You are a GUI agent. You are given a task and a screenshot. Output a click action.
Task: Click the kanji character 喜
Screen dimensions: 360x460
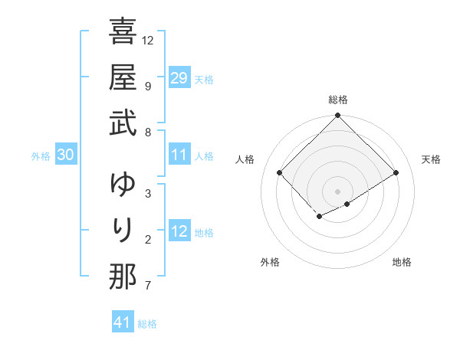tap(123, 33)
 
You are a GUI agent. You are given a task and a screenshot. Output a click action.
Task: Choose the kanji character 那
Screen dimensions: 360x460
tap(123, 277)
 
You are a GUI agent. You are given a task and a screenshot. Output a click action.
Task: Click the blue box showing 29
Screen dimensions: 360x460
tap(179, 78)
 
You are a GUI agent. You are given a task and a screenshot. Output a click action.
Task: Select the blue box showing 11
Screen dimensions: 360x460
tap(179, 155)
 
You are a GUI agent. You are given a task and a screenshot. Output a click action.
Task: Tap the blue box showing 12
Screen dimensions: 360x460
tap(179, 231)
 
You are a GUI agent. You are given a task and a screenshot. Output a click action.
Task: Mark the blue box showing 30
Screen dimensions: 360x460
tap(65, 155)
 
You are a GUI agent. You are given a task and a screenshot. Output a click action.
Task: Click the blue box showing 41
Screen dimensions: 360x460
tap(123, 322)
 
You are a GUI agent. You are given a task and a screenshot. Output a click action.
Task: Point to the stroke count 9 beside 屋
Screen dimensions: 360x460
tap(147, 86)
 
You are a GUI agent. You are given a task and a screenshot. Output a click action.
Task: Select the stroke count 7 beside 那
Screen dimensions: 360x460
tap(147, 286)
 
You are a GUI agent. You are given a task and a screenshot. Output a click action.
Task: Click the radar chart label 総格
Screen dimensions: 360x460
tap(337, 100)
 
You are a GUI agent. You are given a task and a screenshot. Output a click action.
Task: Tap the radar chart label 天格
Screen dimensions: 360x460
tap(431, 159)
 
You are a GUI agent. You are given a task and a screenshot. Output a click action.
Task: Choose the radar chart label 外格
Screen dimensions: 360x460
tap(270, 262)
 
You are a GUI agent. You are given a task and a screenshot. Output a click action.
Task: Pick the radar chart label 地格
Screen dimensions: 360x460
tap(402, 262)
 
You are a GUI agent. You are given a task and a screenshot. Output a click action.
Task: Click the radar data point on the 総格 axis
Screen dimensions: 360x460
tap(337, 116)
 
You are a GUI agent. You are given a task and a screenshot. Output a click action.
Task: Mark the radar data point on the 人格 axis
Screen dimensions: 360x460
tap(280, 172)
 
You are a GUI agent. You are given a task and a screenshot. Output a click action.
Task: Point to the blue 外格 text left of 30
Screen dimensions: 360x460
tap(40, 156)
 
